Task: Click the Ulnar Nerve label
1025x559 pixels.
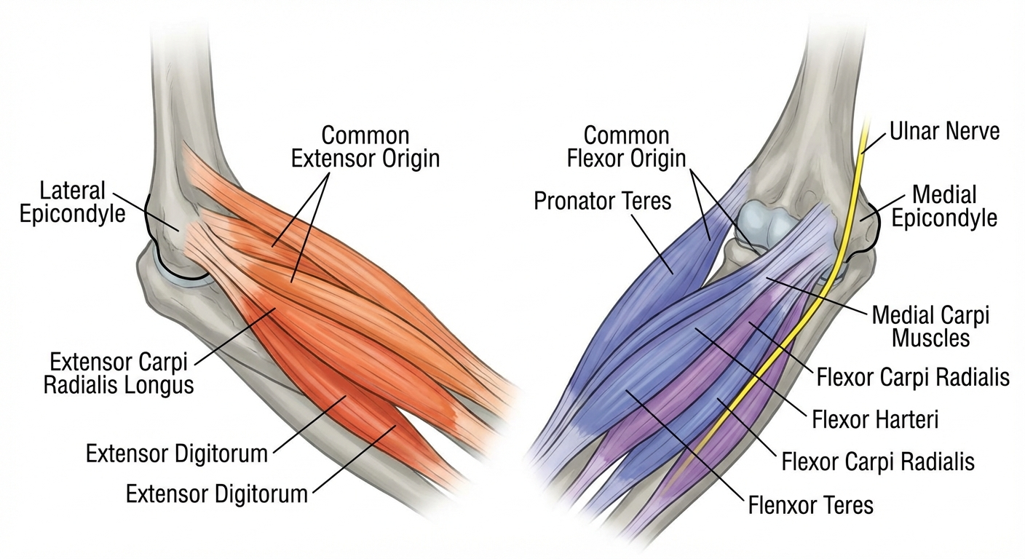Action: (944, 131)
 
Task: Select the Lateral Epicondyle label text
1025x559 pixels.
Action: (82, 202)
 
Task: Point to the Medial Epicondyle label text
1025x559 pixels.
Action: (944, 206)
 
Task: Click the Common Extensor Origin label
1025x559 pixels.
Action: (365, 146)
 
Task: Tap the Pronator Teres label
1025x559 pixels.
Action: (602, 200)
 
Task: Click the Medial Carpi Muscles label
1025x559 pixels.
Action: (930, 326)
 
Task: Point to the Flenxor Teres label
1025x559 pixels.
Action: (810, 504)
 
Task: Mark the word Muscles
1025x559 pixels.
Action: (930, 338)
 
